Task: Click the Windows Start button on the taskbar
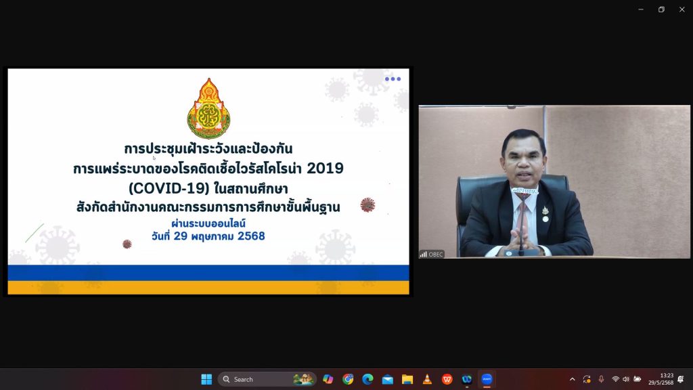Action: point(206,379)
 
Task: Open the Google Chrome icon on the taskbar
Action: point(348,379)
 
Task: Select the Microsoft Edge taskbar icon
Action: point(367,379)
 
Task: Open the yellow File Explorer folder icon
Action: point(407,379)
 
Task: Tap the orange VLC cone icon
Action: point(428,379)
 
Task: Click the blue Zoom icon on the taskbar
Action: point(487,379)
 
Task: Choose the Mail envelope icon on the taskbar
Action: point(388,379)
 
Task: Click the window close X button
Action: point(682,9)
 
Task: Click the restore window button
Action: point(661,9)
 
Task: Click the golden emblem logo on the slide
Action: point(208,108)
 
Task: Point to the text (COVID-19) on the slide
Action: point(169,188)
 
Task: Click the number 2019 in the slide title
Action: point(325,168)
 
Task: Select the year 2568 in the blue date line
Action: point(251,236)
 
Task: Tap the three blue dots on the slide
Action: point(393,79)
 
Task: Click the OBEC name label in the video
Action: point(436,255)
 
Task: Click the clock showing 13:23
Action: point(667,375)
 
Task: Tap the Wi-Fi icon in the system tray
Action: point(615,379)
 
